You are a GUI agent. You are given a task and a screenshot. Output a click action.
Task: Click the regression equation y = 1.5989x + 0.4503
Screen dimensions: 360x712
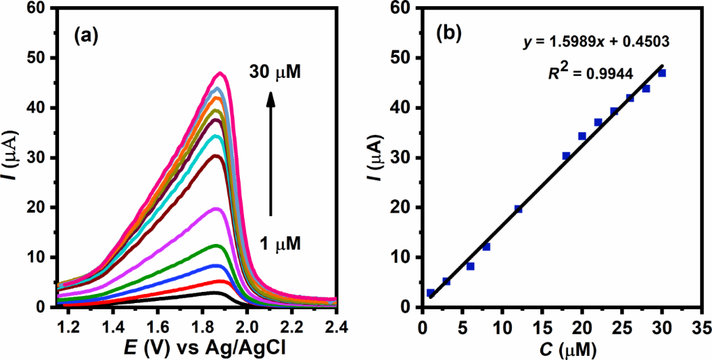(x=596, y=42)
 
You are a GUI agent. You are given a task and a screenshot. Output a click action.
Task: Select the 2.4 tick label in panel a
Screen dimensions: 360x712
(x=336, y=323)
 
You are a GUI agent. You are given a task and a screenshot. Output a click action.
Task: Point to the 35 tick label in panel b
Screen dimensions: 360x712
(x=702, y=323)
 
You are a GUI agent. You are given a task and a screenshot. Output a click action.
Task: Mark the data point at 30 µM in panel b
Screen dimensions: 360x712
(x=662, y=73)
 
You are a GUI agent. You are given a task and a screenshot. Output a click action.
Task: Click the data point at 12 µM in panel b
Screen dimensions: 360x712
(x=518, y=208)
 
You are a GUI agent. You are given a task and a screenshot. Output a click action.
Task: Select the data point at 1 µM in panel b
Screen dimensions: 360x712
(x=430, y=293)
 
